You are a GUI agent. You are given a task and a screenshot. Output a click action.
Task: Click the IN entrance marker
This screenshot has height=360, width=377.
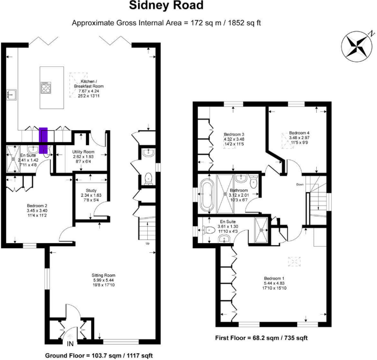pyautogui.click(x=70, y=344)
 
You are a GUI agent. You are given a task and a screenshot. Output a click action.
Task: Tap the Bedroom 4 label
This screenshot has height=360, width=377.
pyautogui.click(x=299, y=135)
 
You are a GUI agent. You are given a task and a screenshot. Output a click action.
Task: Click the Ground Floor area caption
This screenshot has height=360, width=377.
pyautogui.click(x=100, y=355)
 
